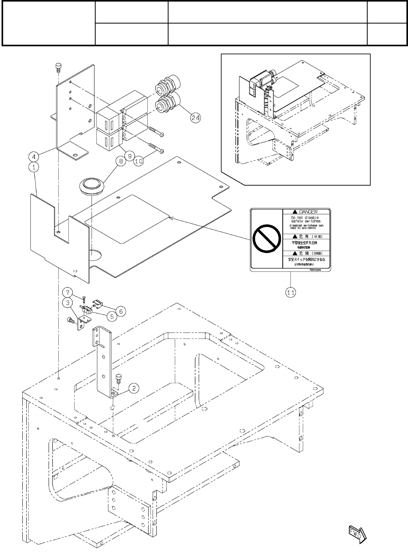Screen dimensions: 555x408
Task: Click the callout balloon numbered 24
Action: pos(195,116)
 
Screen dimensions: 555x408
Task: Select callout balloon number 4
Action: pos(34,156)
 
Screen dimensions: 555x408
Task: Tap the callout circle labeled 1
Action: pos(34,167)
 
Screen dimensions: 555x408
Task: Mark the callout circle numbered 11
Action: pos(290,292)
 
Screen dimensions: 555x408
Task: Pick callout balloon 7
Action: pos(69,292)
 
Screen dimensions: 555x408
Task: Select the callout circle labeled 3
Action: pos(69,302)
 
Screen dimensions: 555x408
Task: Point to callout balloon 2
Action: pos(134,388)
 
